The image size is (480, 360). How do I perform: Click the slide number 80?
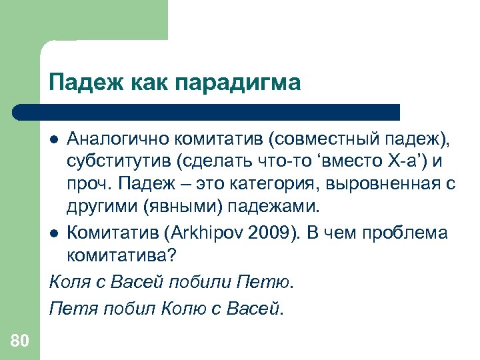[19, 341]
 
